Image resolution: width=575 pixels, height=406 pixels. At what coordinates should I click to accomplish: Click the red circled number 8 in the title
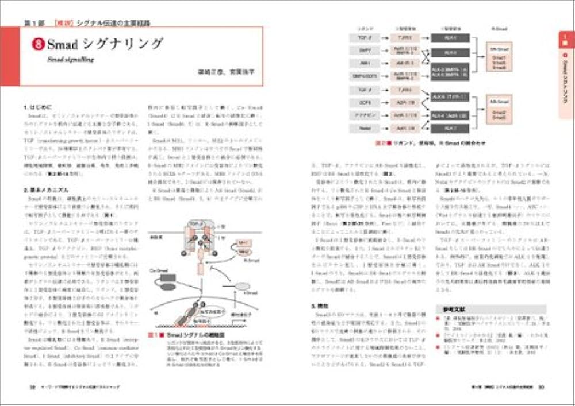pos(39,44)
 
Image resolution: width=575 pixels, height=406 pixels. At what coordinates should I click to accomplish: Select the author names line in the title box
pos(229,72)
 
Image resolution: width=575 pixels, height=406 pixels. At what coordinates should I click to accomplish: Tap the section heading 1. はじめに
pos(38,107)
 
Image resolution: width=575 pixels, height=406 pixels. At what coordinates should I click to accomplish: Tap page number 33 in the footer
pos(540,386)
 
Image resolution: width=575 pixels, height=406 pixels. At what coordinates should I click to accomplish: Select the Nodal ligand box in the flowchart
pos(365,128)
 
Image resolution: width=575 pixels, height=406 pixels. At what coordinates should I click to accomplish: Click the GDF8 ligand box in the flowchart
pos(365,103)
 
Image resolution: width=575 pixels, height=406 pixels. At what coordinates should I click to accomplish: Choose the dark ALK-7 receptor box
pos(450,127)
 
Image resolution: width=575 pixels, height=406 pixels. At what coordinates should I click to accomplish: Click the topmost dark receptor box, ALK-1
pos(450,38)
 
